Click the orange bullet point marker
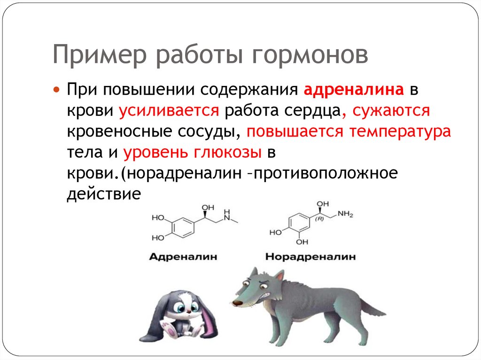(x=56, y=89)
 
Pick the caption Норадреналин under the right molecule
(x=310, y=257)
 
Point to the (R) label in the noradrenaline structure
(x=320, y=219)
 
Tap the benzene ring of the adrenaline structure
(x=181, y=228)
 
